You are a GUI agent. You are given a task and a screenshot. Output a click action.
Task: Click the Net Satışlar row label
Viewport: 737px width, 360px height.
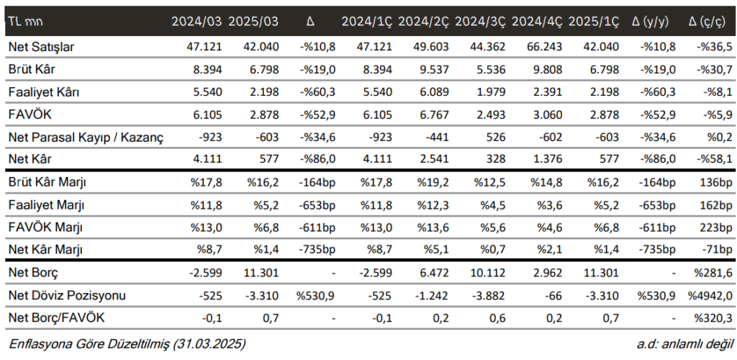point(42,47)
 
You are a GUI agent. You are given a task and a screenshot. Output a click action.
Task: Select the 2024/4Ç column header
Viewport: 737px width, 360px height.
point(536,22)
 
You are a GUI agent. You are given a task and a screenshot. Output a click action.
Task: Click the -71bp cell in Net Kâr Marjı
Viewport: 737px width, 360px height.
point(717,250)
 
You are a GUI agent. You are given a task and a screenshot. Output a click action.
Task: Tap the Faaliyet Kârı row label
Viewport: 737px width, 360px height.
point(41,92)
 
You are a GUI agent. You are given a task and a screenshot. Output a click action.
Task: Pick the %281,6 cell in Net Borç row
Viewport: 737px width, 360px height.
point(713,274)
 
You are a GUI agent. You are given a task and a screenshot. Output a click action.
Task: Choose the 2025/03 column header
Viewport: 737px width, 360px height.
point(253,22)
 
